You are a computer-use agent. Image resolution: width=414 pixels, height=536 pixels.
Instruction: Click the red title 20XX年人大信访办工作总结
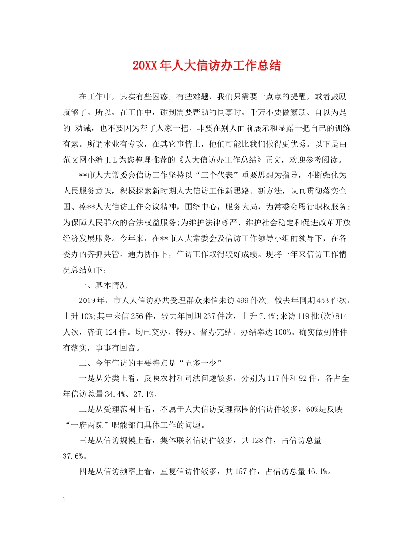click(x=207, y=66)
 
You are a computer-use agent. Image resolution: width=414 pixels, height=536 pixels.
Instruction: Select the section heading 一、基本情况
click(x=103, y=286)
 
